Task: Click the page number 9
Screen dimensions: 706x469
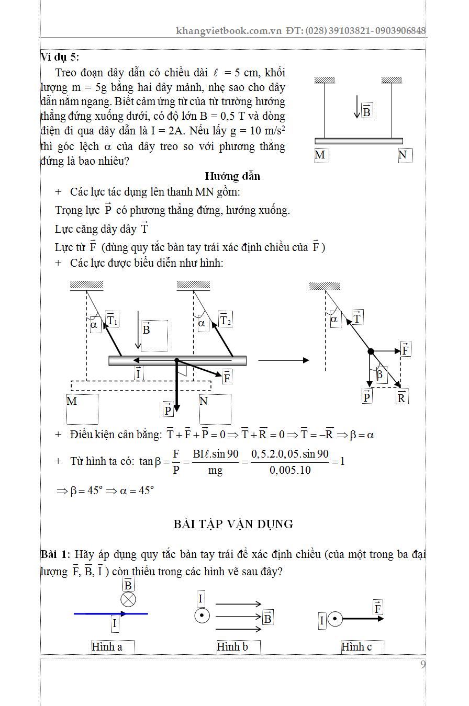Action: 422,665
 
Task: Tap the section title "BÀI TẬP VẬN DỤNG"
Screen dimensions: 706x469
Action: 233,524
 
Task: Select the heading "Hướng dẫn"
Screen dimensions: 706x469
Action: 232,176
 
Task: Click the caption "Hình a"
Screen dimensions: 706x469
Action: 107,647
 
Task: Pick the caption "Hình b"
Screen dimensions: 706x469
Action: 232,647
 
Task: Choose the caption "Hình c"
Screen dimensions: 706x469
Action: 356,647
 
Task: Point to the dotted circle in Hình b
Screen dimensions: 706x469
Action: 202,616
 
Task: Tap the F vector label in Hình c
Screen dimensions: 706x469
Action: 377,608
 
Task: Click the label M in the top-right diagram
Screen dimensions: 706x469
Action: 320,155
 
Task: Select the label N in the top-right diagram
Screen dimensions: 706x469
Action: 403,155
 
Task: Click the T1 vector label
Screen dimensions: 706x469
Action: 112,319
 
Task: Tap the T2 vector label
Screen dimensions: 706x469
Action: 225,319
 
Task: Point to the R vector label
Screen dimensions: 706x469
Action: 401,397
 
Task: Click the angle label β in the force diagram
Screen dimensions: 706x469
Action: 379,375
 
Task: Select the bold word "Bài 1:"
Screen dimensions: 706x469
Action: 56,554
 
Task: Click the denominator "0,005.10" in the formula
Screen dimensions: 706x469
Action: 290,470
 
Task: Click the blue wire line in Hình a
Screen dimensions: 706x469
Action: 94,613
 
